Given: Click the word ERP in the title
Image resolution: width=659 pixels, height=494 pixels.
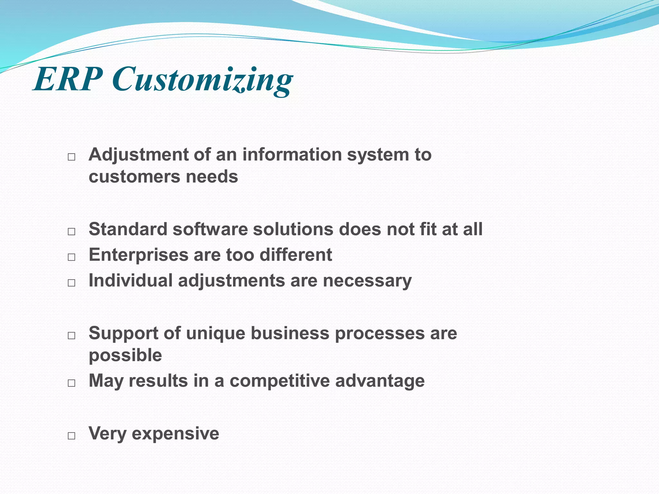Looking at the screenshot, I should coord(68,79).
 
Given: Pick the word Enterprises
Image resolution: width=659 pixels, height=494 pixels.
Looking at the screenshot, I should coord(138,255).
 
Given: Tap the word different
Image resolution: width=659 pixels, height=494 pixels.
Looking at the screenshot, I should coord(296,255).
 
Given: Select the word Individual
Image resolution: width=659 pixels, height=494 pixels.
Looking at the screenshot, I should coord(130,280).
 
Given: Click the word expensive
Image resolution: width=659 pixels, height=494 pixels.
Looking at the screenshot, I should coord(175,434).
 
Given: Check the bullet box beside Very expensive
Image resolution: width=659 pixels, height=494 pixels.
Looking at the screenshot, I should coord(71,436).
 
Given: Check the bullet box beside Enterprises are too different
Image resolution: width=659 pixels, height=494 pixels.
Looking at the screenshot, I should coord(71,257).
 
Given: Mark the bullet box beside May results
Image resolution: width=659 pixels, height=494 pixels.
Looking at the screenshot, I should coord(71,383).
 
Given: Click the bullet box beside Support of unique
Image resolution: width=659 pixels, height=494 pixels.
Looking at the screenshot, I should coord(71,335).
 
